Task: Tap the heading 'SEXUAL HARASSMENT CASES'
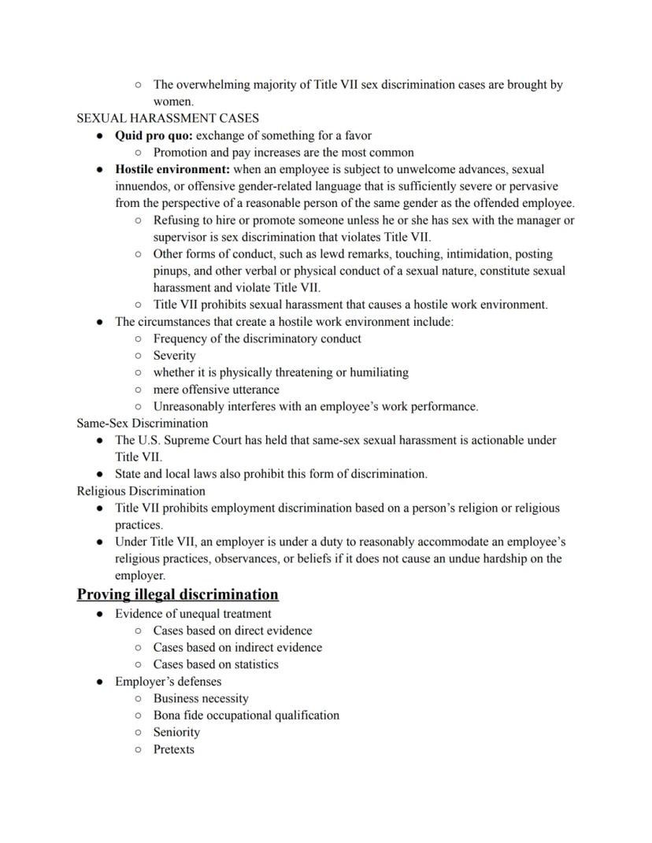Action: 168,118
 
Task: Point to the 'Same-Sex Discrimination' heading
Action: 143,423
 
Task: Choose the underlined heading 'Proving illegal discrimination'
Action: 178,594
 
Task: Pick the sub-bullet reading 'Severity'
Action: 174,356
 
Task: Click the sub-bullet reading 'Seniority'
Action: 176,732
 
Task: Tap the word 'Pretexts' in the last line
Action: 173,749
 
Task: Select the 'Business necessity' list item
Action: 201,698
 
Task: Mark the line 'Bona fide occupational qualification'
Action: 246,715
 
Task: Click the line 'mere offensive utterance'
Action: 216,390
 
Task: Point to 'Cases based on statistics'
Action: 216,664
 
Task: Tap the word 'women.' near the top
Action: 173,102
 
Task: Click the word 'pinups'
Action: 172,272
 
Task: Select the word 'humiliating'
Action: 378,372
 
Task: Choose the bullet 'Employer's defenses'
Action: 168,682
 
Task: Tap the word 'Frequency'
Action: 182,338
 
